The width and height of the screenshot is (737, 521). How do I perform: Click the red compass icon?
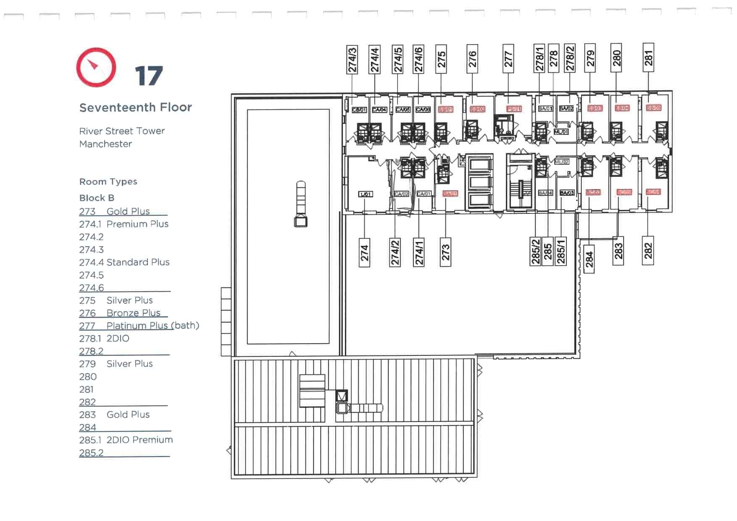(96, 67)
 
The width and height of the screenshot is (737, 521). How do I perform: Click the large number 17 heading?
(149, 76)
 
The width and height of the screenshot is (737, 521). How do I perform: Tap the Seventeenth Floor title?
(135, 108)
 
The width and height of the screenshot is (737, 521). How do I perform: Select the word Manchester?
(105, 144)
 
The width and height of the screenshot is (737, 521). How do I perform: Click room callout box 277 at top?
(508, 59)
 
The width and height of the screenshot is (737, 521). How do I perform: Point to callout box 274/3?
(352, 60)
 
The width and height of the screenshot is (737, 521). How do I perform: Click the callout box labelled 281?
(648, 58)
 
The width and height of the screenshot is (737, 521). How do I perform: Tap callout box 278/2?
(569, 58)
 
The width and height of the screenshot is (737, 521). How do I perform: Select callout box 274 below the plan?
(364, 253)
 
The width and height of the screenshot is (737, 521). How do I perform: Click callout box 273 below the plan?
(445, 253)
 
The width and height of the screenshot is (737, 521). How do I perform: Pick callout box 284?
(589, 259)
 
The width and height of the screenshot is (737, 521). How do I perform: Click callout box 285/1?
(561, 252)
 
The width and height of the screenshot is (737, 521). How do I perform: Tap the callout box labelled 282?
(648, 251)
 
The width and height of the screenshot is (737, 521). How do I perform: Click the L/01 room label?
(365, 194)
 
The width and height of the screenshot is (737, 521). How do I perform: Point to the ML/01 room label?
(561, 132)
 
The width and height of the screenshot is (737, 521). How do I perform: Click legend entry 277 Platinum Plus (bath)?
(139, 326)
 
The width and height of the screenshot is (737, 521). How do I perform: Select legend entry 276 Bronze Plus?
(120, 313)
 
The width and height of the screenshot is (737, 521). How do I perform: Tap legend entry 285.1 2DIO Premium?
(126, 440)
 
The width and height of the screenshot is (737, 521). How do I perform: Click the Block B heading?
(97, 198)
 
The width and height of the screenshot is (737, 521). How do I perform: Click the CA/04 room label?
(379, 110)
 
